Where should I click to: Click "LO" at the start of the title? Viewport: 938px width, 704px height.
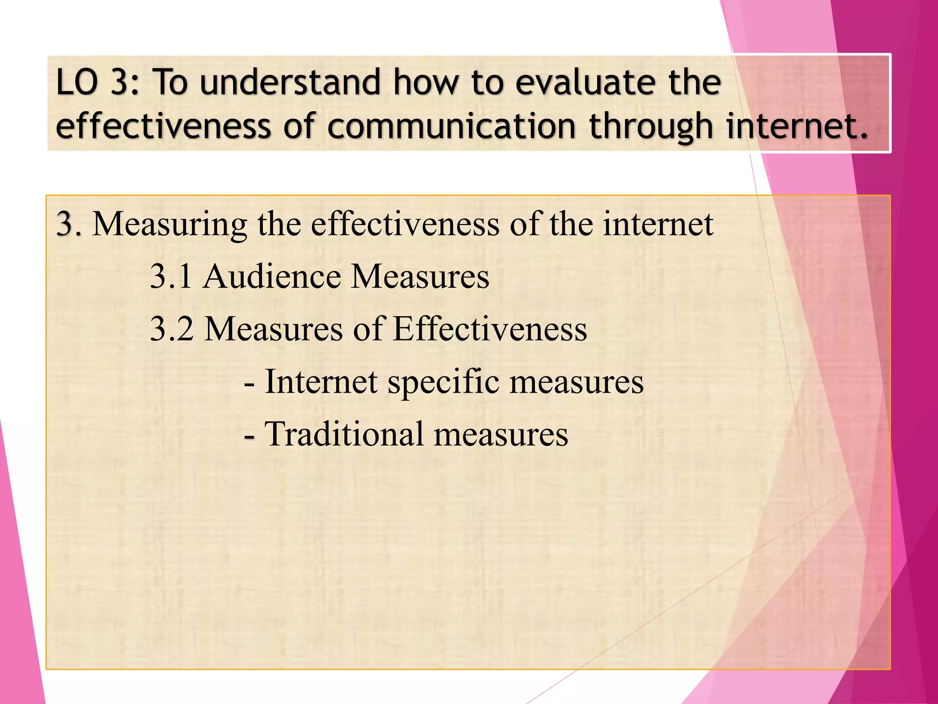[x=76, y=82]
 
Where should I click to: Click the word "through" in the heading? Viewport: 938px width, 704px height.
[x=652, y=127]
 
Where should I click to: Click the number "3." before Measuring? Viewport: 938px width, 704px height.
[x=69, y=225]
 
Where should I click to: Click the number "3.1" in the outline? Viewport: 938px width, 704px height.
[x=171, y=277]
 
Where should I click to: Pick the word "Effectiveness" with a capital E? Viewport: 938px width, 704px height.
[x=490, y=329]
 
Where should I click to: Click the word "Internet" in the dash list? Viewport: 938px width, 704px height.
[x=321, y=382]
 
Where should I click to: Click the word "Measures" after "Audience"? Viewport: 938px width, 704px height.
[x=420, y=277]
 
